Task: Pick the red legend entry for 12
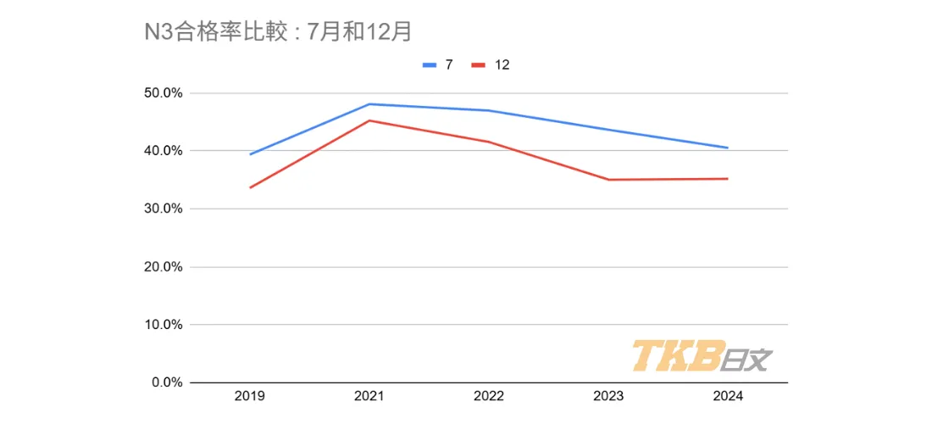click(x=491, y=64)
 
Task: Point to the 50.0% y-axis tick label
click(x=163, y=93)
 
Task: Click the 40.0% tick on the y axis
click(x=163, y=151)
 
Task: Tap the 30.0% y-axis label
click(x=163, y=209)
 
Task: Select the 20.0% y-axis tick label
click(x=163, y=267)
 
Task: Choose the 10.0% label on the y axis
click(x=163, y=325)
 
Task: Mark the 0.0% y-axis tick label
click(x=166, y=382)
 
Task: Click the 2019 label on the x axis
click(x=250, y=397)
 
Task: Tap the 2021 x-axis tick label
click(x=369, y=397)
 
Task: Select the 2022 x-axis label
click(x=489, y=397)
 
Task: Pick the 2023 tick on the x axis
click(x=608, y=397)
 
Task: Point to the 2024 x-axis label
click(x=728, y=397)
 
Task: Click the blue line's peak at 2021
click(x=369, y=104)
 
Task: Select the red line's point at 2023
click(x=608, y=180)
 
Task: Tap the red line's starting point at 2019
click(x=250, y=187)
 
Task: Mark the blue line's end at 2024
click(x=728, y=148)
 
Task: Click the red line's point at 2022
click(x=489, y=142)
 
